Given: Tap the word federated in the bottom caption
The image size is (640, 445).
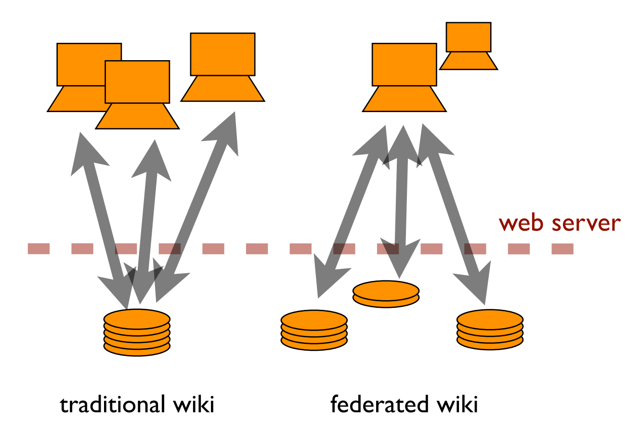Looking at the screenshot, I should click(x=379, y=404).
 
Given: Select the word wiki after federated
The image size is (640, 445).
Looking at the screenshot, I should click(x=457, y=404).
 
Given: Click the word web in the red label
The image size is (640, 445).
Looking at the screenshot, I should click(x=522, y=223).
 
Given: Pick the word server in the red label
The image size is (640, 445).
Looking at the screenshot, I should click(x=586, y=223).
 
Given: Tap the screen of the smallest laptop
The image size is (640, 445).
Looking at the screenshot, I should click(x=468, y=37).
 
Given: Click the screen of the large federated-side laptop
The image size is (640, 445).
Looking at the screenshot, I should click(x=404, y=64).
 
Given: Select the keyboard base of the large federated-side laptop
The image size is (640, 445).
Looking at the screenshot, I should click(x=404, y=99).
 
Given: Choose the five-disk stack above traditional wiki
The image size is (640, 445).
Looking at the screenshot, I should click(x=137, y=332).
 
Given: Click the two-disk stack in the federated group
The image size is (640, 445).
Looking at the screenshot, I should click(x=386, y=294).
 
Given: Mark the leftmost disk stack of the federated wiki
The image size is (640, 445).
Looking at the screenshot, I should click(x=314, y=330).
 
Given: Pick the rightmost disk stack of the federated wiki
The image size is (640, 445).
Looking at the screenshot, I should click(x=490, y=330).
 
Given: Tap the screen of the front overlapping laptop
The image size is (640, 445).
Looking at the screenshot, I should click(x=137, y=82).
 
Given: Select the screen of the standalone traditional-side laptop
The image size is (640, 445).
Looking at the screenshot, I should click(x=222, y=54).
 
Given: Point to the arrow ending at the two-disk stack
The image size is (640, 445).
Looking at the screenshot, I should click(x=401, y=202).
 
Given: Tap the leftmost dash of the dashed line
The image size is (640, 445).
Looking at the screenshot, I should click(x=39, y=249).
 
